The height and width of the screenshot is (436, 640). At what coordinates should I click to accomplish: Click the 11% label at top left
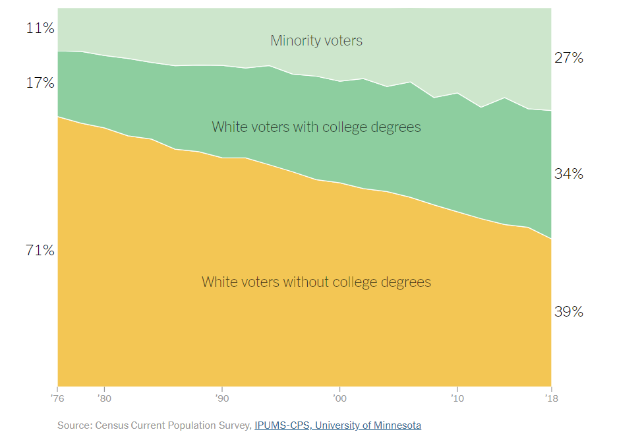tap(40, 28)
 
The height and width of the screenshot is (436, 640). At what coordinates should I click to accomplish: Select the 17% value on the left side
tap(40, 83)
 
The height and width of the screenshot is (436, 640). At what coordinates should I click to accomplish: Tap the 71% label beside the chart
tap(40, 251)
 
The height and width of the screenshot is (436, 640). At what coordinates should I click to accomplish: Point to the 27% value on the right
tap(569, 58)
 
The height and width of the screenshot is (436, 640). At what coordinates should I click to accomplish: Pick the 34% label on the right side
tap(569, 174)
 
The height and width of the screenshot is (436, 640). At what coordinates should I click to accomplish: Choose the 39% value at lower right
tap(569, 312)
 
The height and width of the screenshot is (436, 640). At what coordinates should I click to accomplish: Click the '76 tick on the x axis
tap(58, 399)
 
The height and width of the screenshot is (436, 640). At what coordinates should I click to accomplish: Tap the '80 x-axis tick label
tap(103, 399)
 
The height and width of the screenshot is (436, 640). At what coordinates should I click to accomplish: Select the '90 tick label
tap(221, 399)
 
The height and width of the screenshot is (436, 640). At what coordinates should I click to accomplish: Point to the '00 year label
tap(339, 399)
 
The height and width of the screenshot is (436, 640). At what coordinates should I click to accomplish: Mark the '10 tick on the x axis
tap(456, 399)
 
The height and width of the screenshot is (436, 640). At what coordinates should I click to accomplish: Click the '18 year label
tap(550, 399)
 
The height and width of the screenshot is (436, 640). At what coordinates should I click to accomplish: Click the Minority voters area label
tap(316, 41)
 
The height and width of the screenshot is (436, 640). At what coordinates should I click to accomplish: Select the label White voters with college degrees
tap(316, 127)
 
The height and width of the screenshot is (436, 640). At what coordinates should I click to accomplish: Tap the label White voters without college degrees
tap(316, 282)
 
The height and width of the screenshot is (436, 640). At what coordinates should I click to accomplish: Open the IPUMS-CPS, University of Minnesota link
tap(337, 425)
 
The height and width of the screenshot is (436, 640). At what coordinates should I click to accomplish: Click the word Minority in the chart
tap(294, 41)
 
